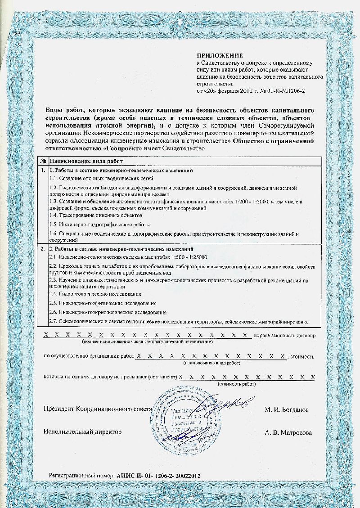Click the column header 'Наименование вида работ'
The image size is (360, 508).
click(x=86, y=161)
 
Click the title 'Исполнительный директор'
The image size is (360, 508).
click(x=83, y=432)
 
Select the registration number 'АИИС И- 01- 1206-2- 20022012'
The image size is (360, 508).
click(x=158, y=475)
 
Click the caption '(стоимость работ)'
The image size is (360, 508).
click(x=236, y=384)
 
